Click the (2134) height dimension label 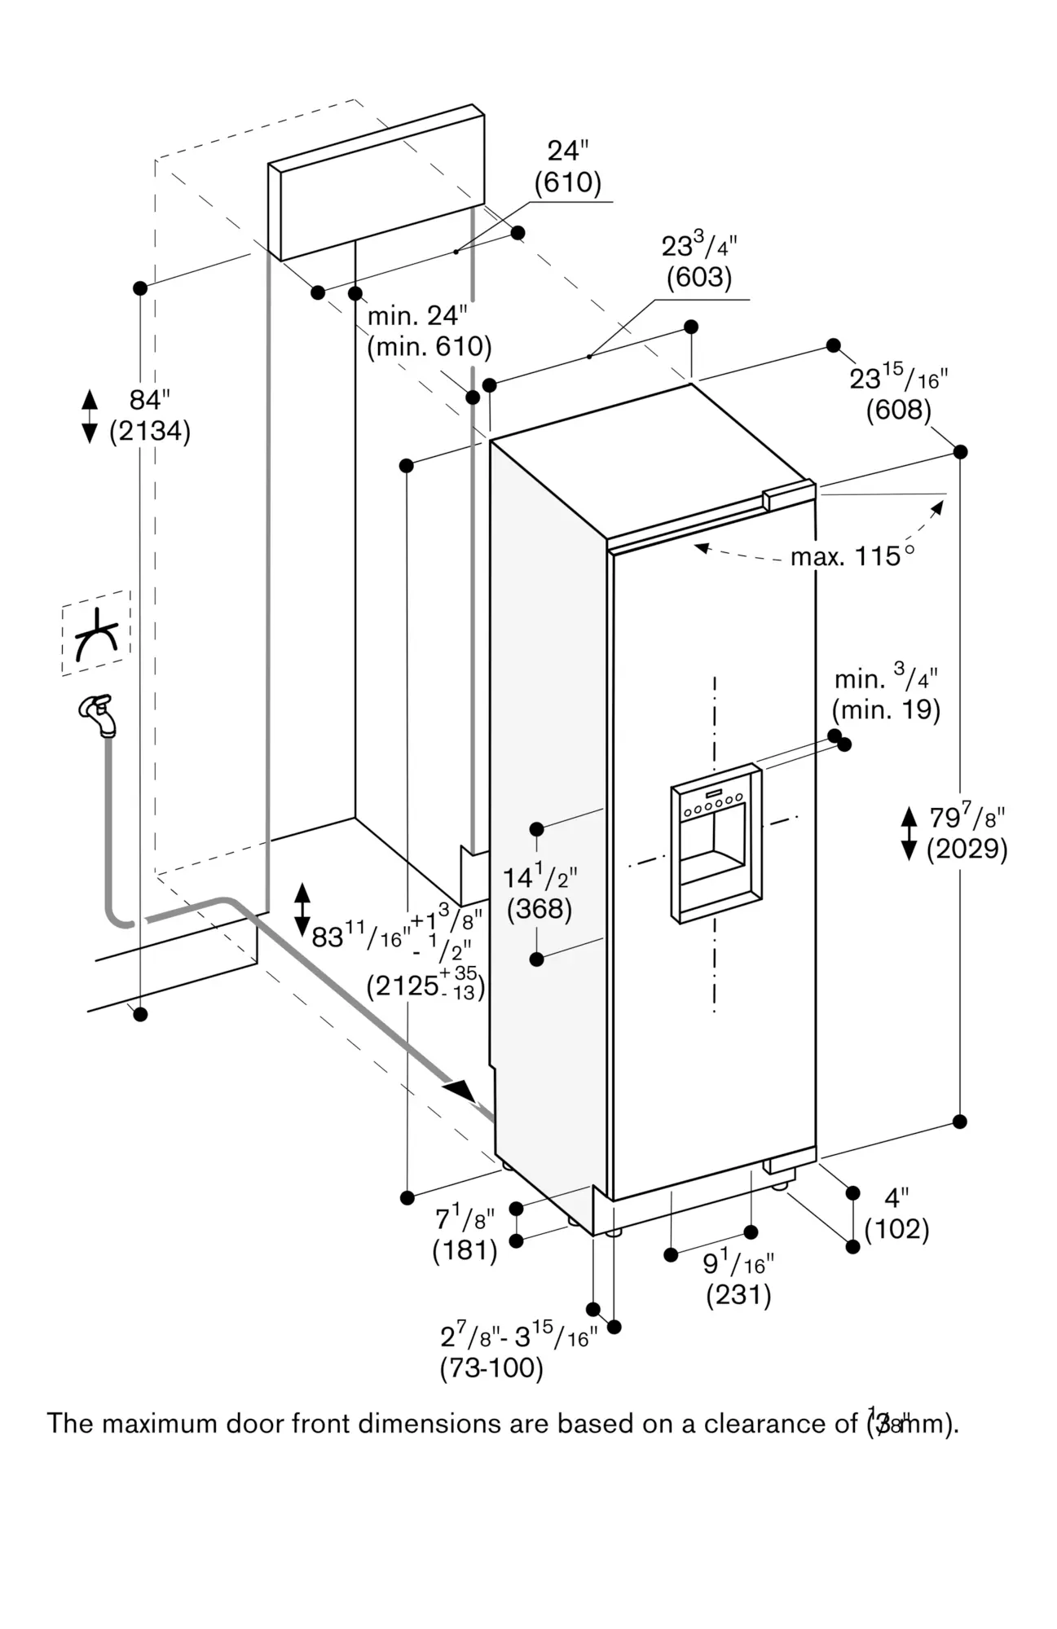(150, 431)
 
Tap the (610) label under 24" (567, 182)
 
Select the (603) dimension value (699, 278)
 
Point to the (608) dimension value (898, 410)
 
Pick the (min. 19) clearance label (886, 709)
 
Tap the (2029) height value (967, 850)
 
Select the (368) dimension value (539, 909)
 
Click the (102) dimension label (896, 1229)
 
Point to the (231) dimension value (738, 1295)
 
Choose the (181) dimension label (465, 1250)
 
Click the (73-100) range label (491, 1368)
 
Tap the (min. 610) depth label (429, 347)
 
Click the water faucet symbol (99, 714)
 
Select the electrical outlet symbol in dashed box (96, 633)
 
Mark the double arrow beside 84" (90, 415)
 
